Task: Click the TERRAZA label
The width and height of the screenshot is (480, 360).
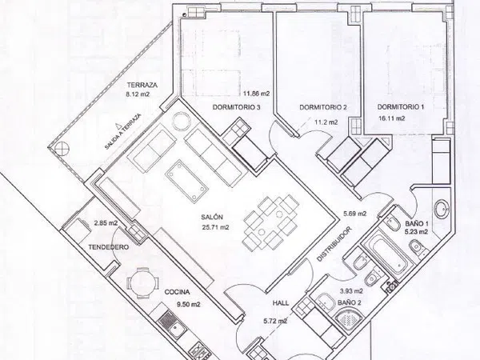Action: pos(142,85)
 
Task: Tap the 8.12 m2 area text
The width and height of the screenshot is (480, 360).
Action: pos(138,94)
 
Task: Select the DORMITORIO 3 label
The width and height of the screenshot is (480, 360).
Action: pos(237,107)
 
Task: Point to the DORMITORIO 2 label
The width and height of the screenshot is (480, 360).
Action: pos(323,107)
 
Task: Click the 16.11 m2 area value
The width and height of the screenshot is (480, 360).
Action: pos(392,118)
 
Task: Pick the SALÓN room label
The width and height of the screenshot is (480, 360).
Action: pos(212,217)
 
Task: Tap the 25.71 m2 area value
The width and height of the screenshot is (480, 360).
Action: pos(215,227)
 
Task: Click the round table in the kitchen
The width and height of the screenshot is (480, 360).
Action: pos(143,283)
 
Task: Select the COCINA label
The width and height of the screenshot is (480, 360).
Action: pos(177,292)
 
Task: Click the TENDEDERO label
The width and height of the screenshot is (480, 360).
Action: pos(108,247)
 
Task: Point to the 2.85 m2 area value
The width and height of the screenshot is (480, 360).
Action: pos(106,223)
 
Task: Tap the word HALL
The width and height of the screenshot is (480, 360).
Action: pos(281,303)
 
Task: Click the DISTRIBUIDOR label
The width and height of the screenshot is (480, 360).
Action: pos(334,244)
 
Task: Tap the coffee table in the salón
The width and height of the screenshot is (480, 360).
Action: pos(186,180)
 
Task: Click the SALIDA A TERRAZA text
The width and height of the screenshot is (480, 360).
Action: pos(122,132)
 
